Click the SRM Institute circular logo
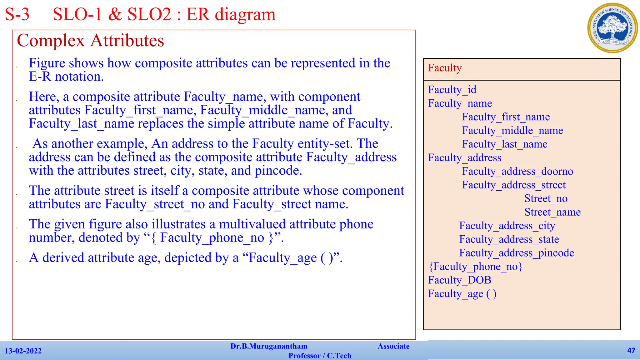point(612,28)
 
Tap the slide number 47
point(631,350)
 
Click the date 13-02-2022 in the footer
point(23,351)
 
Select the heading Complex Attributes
point(90,41)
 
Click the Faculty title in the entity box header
point(445,68)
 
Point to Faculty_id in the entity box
point(452,90)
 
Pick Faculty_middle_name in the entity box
point(512,131)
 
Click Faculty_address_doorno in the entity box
point(517,172)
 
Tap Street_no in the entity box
point(546,199)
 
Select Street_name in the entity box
point(552,212)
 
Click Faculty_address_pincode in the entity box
point(517,253)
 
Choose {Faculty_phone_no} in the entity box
point(475,267)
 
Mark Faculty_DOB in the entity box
point(459,280)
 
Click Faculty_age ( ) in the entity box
point(462,294)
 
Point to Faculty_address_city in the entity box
point(507,226)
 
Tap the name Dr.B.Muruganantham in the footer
point(269,346)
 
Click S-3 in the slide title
point(17,14)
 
